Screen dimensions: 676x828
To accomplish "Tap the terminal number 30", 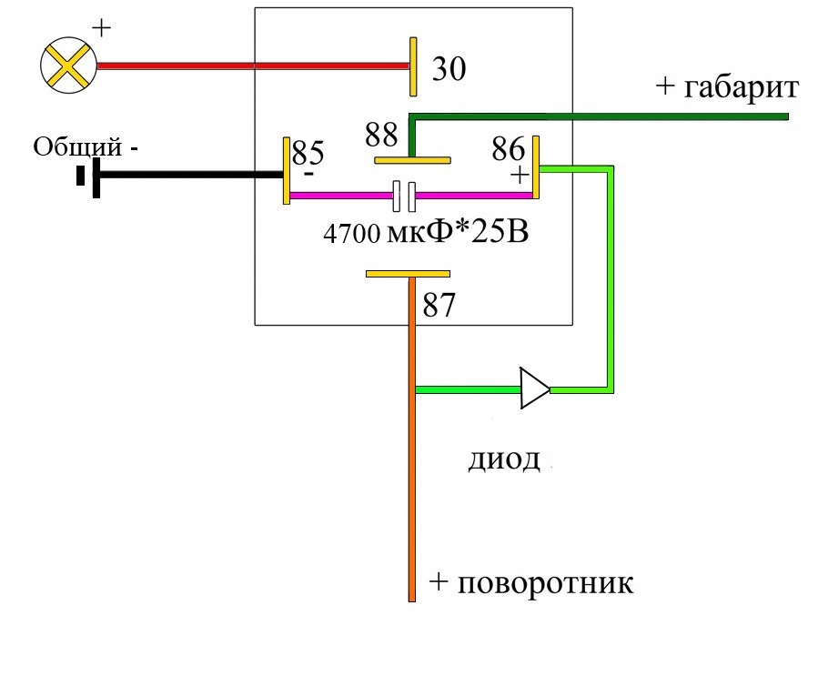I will [x=449, y=70].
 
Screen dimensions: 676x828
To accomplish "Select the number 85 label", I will [x=308, y=149].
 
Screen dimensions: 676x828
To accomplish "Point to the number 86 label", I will [x=508, y=146].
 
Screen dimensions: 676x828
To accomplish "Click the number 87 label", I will [x=439, y=306].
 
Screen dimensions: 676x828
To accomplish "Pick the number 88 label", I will [x=382, y=135].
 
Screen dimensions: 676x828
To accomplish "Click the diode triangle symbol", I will [x=535, y=389].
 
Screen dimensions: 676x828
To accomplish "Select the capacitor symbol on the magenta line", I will [x=404, y=195].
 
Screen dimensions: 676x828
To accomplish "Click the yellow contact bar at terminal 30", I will [x=413, y=66].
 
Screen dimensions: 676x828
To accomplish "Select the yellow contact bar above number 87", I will [x=408, y=273].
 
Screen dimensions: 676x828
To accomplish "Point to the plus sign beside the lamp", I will [x=101, y=28].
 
